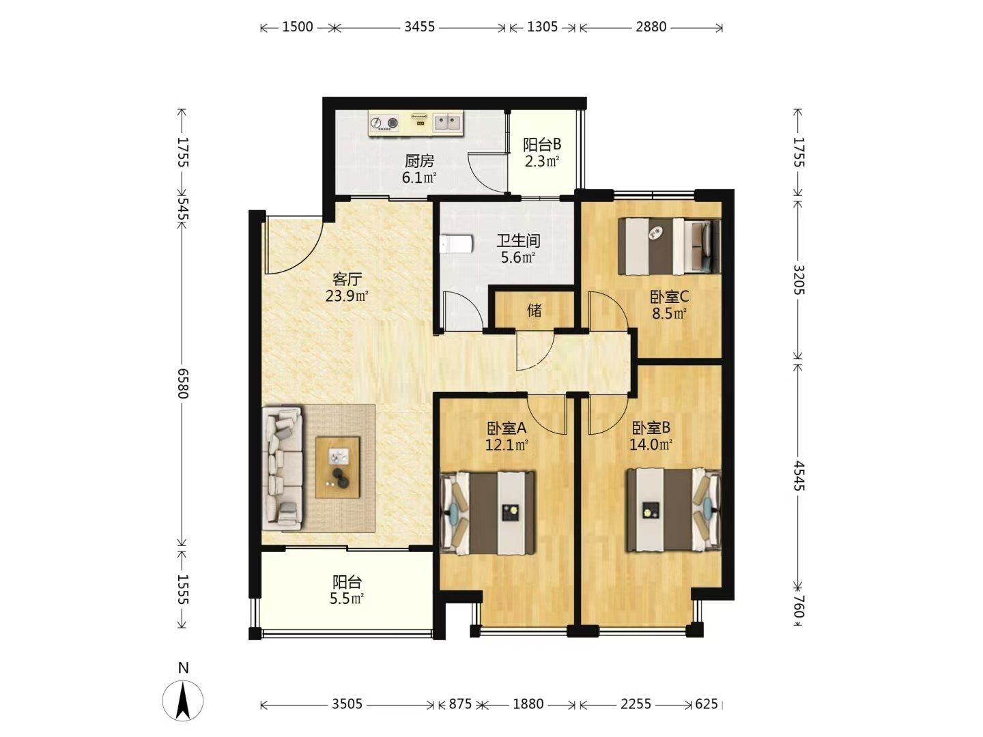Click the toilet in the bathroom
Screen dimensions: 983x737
457,244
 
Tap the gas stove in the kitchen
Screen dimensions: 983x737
385,122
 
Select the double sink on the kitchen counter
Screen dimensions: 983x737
448,121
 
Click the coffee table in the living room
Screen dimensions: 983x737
337,467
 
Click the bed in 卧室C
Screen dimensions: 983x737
669,246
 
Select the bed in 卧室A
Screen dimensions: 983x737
487,512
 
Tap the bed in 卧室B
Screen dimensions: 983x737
674,509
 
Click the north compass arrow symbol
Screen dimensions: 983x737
183,700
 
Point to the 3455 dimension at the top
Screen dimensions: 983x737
419,27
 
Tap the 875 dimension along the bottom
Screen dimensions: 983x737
460,704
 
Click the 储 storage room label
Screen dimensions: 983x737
534,310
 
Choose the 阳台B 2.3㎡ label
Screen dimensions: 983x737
542,153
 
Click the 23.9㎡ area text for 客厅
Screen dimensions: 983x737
347,295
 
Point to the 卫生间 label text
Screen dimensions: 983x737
518,241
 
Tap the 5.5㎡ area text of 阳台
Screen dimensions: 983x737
347,598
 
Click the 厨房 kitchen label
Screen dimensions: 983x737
419,161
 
